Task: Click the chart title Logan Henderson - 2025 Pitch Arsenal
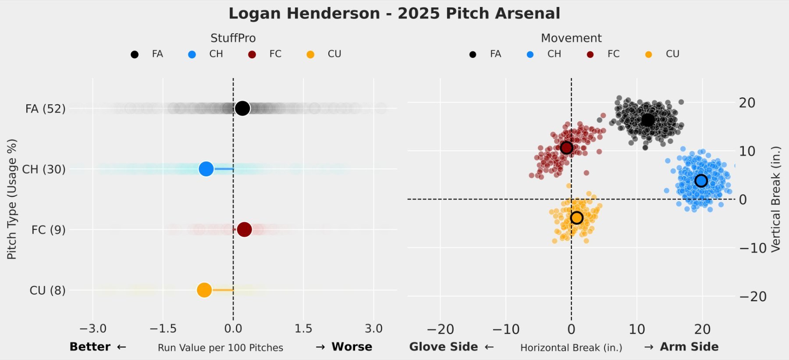tap(394, 14)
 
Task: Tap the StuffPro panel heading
tap(233, 38)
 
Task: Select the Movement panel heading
tap(571, 38)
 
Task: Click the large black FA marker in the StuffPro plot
tap(242, 108)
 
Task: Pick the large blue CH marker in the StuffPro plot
tap(206, 168)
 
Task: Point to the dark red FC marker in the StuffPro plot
tap(244, 229)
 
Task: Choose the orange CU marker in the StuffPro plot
tap(204, 290)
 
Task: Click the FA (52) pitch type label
tap(45, 109)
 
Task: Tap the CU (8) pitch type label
tap(47, 290)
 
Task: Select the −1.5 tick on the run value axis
tap(163, 328)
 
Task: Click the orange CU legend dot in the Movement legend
tap(648, 54)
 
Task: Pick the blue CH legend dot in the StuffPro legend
tap(192, 54)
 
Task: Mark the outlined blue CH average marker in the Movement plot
tap(701, 180)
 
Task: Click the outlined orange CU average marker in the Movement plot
tap(576, 217)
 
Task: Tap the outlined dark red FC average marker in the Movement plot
tap(566, 148)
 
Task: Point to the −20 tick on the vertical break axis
tap(753, 296)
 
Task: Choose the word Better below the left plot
tap(90, 347)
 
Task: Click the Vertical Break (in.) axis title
tap(776, 199)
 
